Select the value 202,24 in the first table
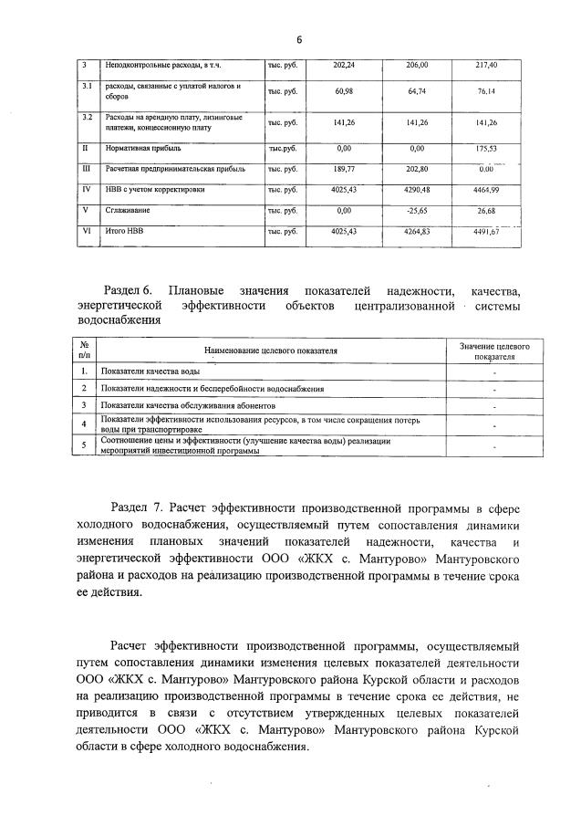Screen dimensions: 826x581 click(344, 65)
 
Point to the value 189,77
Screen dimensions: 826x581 click(344, 168)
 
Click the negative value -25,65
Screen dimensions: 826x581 click(417, 211)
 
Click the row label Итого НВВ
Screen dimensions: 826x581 click(121, 232)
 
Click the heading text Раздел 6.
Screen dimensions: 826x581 click(133, 291)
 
